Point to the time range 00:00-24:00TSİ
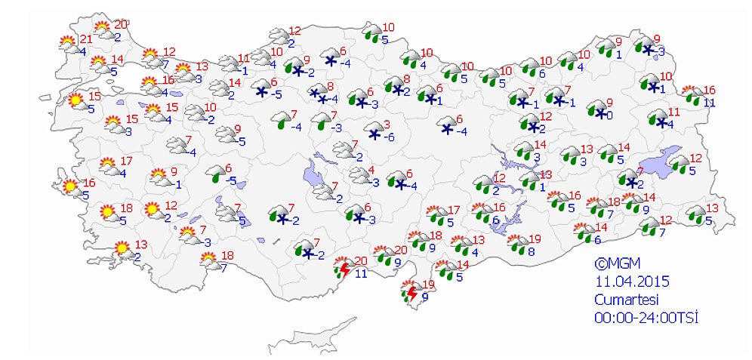646,317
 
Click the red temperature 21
85,39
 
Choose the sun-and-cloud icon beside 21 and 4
69,44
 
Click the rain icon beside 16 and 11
691,95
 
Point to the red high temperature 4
371,170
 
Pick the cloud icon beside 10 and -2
195,113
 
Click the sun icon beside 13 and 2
122,248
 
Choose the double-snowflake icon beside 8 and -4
317,94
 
